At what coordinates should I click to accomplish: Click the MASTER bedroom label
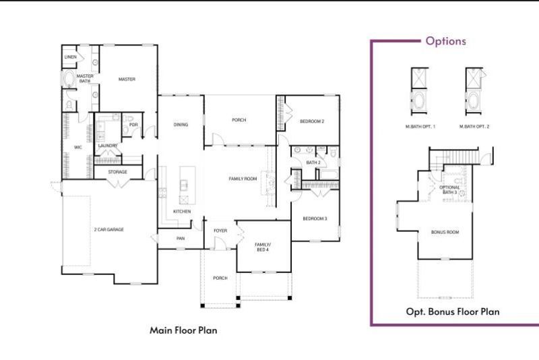pyautogui.click(x=127, y=80)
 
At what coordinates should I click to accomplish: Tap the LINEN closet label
pyautogui.click(x=70, y=57)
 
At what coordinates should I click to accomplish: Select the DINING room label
pyautogui.click(x=181, y=124)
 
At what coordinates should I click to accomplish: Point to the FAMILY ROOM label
pyautogui.click(x=243, y=179)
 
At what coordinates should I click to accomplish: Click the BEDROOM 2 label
pyautogui.click(x=312, y=121)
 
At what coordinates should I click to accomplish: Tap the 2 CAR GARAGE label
pyautogui.click(x=108, y=229)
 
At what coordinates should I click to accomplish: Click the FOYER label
pyautogui.click(x=220, y=231)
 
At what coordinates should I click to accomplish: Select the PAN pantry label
pyautogui.click(x=181, y=238)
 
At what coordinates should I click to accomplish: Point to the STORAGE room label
pyautogui.click(x=118, y=172)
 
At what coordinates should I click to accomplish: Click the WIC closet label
pyautogui.click(x=77, y=147)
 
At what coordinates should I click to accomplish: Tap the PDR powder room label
pyautogui.click(x=133, y=124)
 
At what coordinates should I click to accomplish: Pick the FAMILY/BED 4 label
pyautogui.click(x=262, y=247)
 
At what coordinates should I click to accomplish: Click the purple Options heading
pyautogui.click(x=445, y=41)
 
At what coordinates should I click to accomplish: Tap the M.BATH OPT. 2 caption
pyautogui.click(x=474, y=127)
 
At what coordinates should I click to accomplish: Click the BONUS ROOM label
pyautogui.click(x=445, y=232)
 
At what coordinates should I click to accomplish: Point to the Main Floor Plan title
pyautogui.click(x=183, y=330)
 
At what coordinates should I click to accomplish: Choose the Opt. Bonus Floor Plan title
pyautogui.click(x=452, y=311)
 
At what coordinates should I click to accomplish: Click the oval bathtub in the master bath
pyautogui.click(x=70, y=80)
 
